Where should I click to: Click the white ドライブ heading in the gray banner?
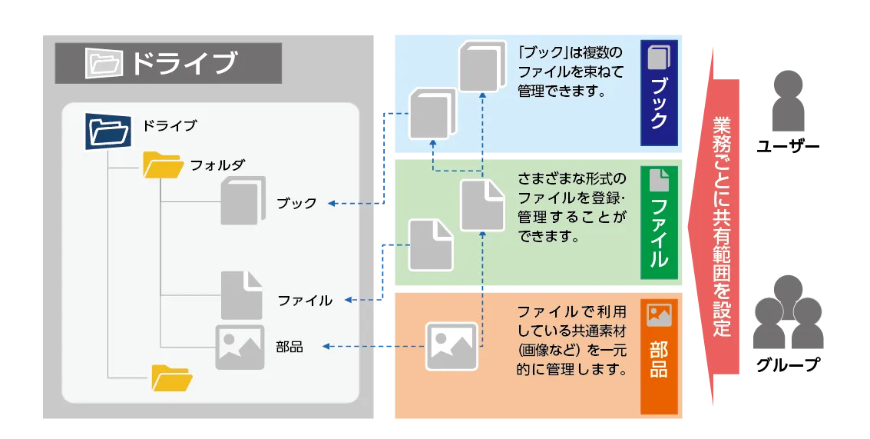pyautogui.click(x=183, y=63)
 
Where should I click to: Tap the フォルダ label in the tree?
pyautogui.click(x=217, y=165)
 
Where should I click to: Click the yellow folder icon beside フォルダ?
pyautogui.click(x=163, y=165)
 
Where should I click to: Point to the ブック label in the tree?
pyautogui.click(x=296, y=203)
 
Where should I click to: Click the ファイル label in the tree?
pyautogui.click(x=305, y=300)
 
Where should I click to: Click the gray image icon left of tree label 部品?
pyautogui.click(x=240, y=347)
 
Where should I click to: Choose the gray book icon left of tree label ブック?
pyautogui.click(x=242, y=201)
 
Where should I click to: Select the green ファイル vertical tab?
pyautogui.click(x=659, y=222)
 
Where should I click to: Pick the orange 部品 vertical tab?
pyautogui.click(x=659, y=356)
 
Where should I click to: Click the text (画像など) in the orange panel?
pyautogui.click(x=544, y=351)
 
